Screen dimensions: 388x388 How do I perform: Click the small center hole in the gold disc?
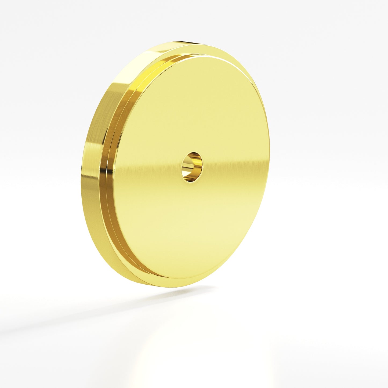(x=192, y=167)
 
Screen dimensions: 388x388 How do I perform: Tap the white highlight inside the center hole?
(x=186, y=164)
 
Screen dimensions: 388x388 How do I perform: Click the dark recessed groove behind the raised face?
(x=118, y=215)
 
